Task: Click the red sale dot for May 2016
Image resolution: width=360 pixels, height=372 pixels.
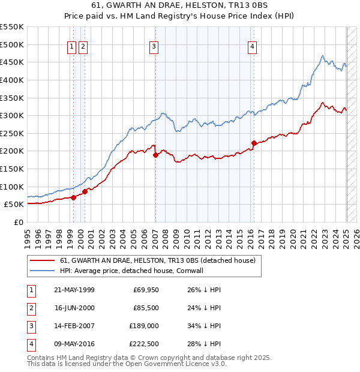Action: pos(254,143)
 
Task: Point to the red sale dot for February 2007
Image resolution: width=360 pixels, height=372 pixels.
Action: pos(155,155)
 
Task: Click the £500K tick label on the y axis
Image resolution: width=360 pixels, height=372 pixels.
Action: pos(12,44)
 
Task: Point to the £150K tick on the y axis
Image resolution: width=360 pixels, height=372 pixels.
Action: pos(12,169)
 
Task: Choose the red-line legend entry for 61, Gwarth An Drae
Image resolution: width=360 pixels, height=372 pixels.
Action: pos(158,260)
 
